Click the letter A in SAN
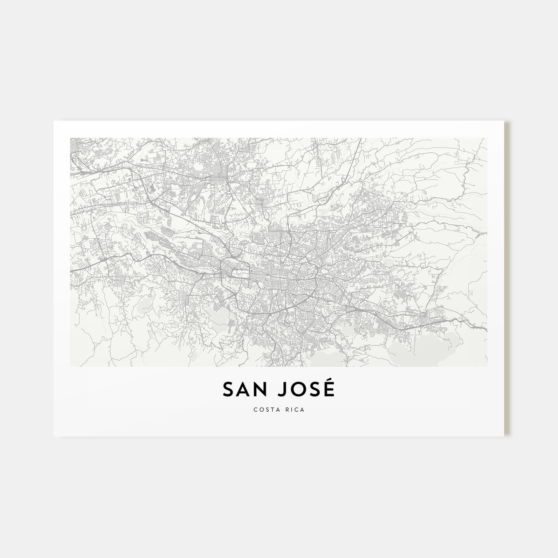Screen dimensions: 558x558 click(x=244, y=390)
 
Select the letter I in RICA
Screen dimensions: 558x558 click(x=293, y=410)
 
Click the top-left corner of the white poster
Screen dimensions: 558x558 click(x=54, y=121)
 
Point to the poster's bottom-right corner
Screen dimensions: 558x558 click(x=504, y=436)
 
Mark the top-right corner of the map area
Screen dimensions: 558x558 click(x=487, y=138)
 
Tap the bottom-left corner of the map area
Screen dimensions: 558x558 click(x=71, y=367)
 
